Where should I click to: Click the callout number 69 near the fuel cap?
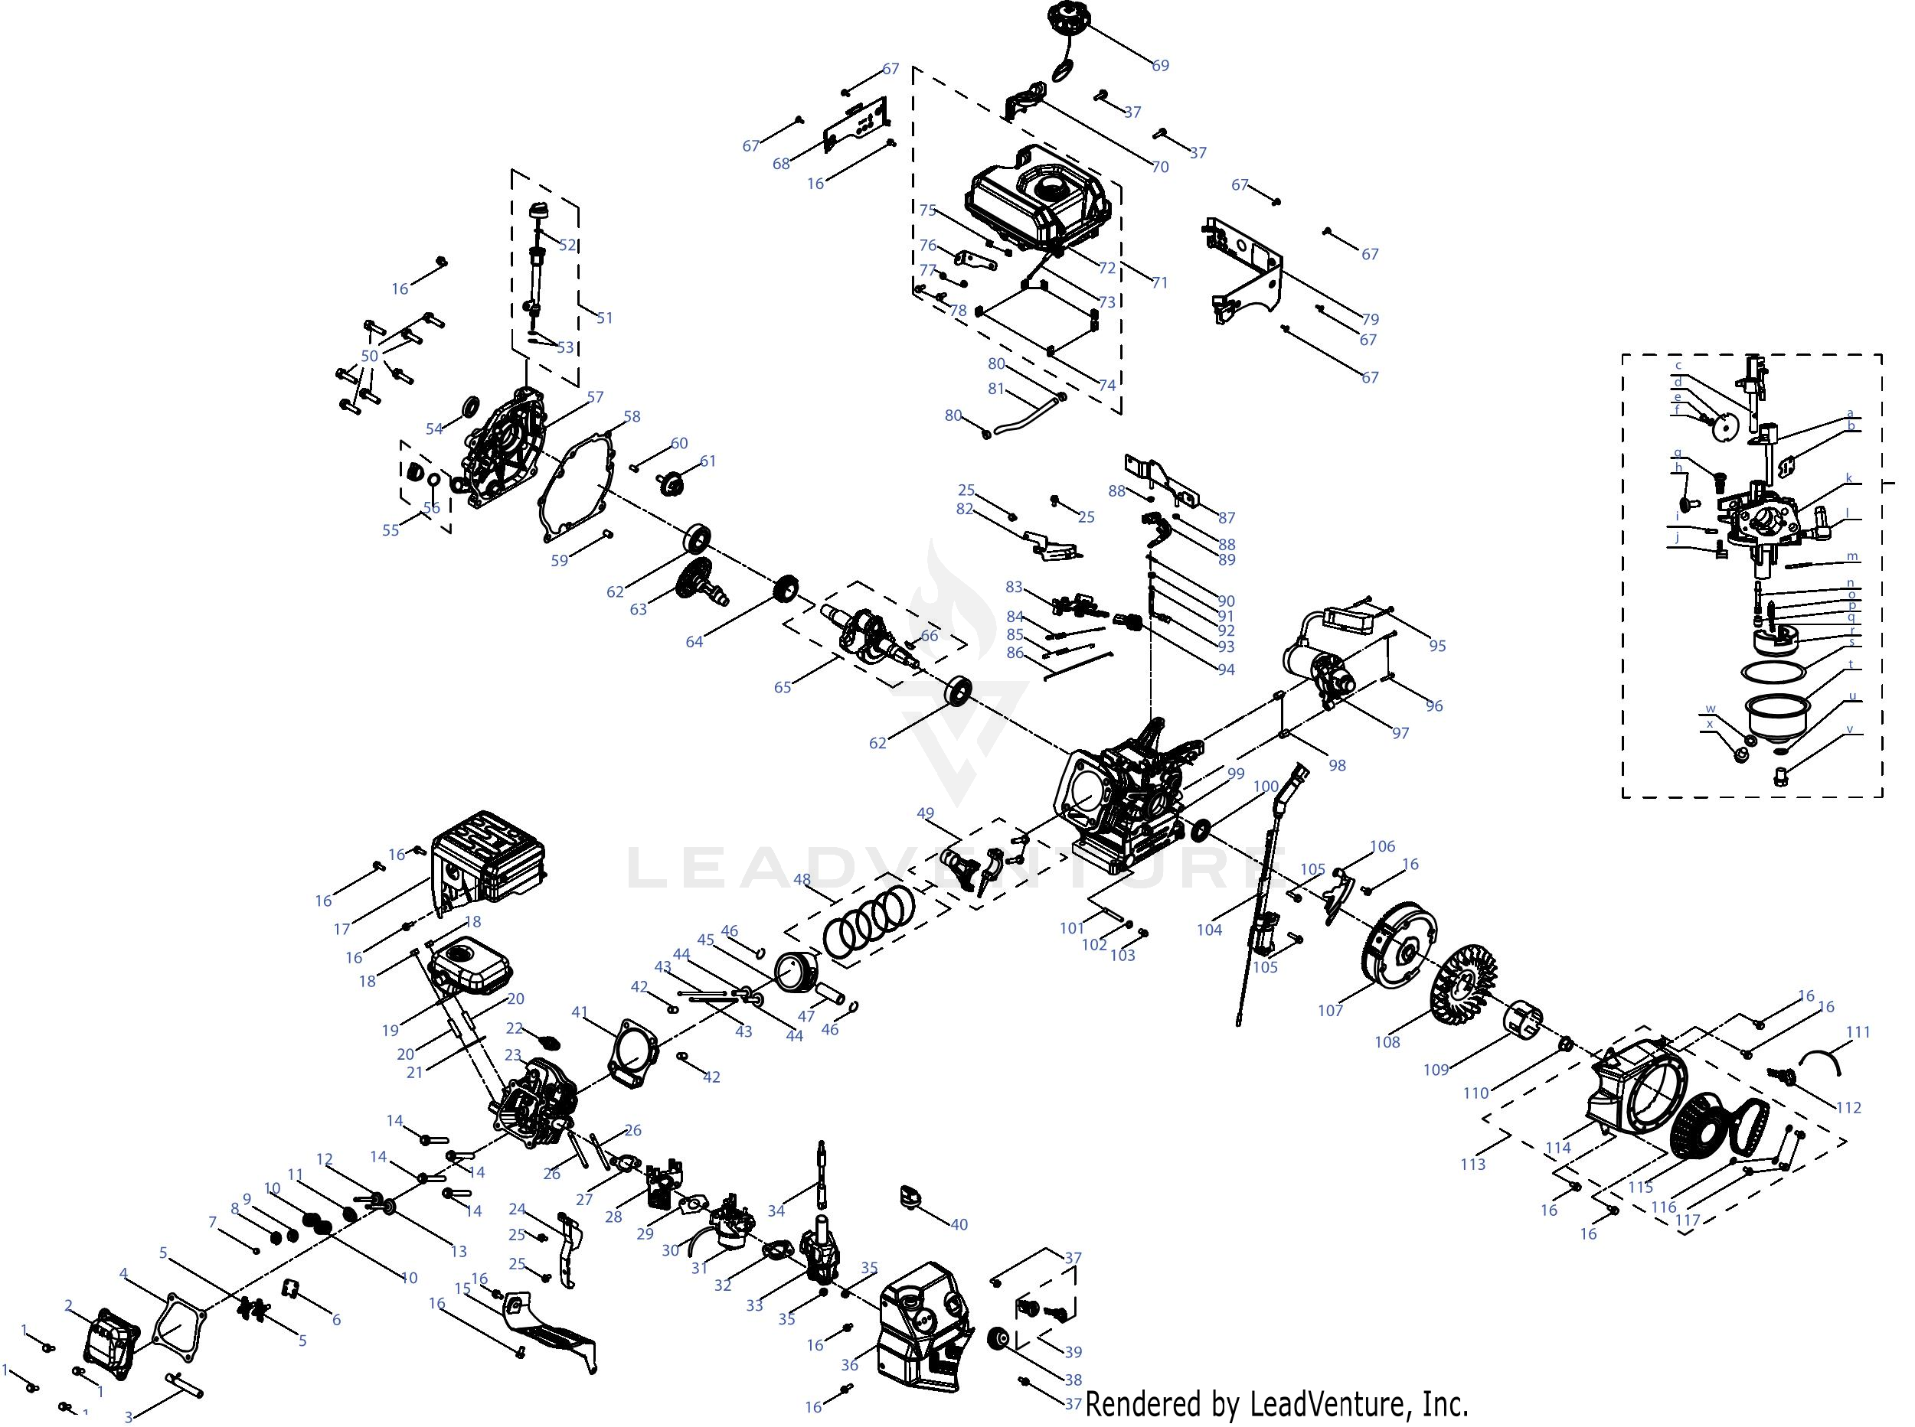point(1161,66)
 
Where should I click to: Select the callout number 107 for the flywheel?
point(1331,1010)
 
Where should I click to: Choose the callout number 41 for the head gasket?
point(579,1012)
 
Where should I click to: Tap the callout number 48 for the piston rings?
point(802,879)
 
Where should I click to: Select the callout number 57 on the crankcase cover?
point(596,397)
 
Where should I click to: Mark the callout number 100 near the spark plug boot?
point(1265,786)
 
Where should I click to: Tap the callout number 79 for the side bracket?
point(1370,319)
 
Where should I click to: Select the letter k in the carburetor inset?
point(1848,478)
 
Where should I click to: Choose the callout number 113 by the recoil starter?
point(1472,1164)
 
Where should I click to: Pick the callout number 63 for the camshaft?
point(638,609)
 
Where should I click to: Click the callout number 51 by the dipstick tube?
point(605,318)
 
